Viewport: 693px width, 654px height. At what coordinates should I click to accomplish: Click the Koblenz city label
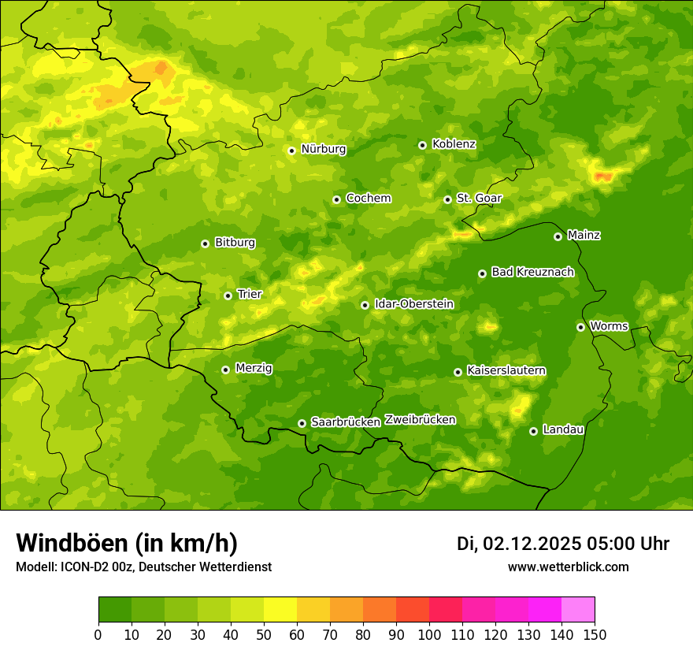(x=454, y=144)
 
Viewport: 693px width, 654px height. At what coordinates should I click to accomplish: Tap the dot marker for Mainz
(x=558, y=236)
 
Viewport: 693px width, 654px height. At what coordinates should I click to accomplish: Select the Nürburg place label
(x=323, y=149)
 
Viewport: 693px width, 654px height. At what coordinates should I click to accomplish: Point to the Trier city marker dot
(x=228, y=295)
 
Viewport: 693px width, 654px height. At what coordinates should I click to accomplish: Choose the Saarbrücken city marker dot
(x=302, y=423)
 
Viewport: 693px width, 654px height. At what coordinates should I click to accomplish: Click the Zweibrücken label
(x=420, y=420)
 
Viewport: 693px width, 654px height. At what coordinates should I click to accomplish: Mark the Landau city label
(x=563, y=429)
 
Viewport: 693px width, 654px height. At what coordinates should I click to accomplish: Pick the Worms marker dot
(x=580, y=327)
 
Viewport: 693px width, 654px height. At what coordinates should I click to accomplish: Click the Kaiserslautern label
(x=506, y=370)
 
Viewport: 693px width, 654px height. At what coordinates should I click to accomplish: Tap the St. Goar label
(x=479, y=198)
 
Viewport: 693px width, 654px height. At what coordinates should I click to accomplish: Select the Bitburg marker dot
(x=205, y=243)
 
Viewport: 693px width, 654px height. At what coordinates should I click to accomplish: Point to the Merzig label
(x=254, y=368)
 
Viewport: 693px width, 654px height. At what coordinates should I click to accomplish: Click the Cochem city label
(x=368, y=198)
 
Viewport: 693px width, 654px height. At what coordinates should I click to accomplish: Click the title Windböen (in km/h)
(x=126, y=543)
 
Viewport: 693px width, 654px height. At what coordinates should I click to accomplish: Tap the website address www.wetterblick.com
(x=568, y=567)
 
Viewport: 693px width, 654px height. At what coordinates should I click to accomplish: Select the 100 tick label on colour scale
(x=429, y=634)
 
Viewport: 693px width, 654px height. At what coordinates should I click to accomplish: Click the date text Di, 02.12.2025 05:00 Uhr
(x=563, y=544)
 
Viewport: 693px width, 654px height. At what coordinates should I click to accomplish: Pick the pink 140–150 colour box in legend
(x=578, y=610)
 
